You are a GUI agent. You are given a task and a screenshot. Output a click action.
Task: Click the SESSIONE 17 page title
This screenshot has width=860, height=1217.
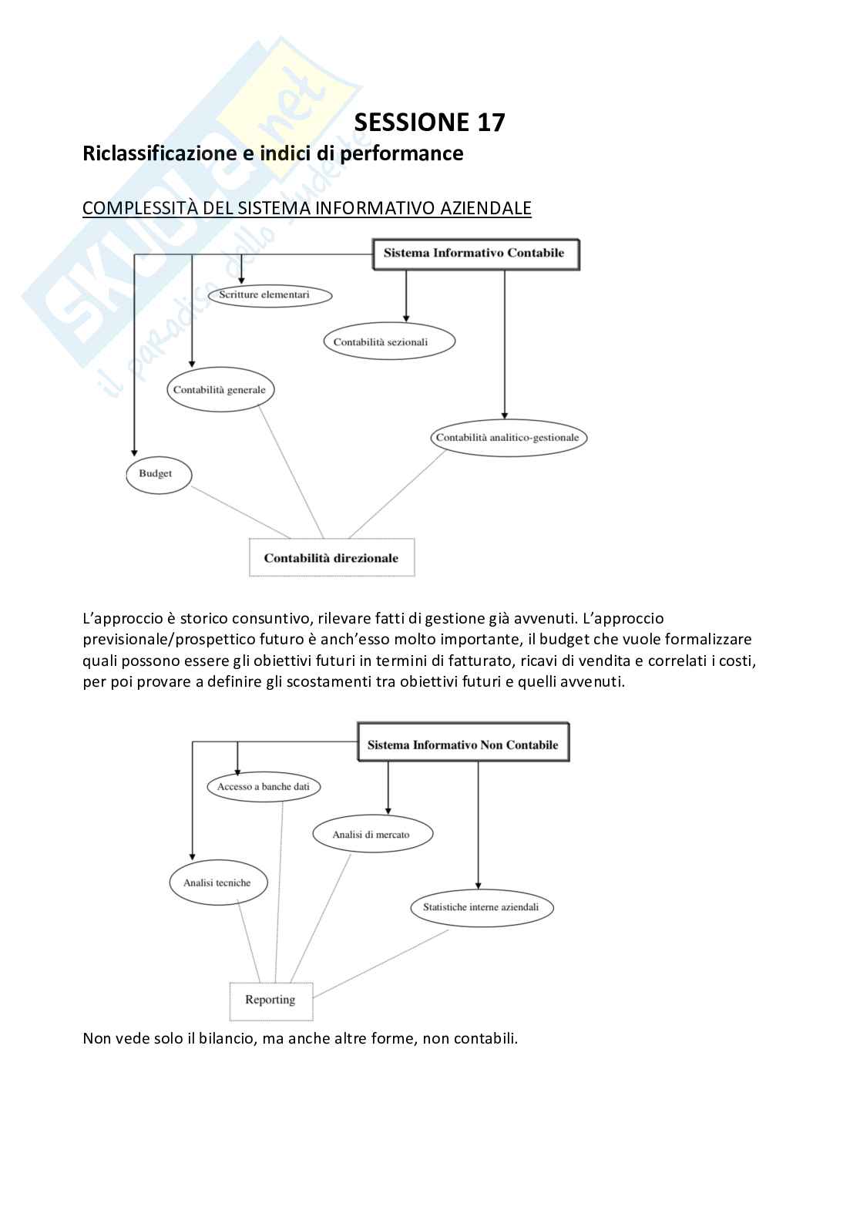[429, 123]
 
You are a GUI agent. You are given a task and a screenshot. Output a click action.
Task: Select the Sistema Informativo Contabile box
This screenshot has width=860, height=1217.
[475, 254]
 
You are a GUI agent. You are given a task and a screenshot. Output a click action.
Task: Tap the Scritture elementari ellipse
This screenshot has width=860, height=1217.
[270, 295]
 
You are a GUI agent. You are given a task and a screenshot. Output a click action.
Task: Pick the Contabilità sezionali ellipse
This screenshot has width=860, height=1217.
[389, 342]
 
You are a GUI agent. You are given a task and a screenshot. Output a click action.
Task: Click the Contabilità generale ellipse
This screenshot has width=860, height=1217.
[220, 390]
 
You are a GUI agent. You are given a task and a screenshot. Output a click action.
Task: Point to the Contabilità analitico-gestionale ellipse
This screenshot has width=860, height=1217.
[509, 438]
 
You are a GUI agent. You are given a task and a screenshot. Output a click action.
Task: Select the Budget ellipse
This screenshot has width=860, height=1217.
[159, 474]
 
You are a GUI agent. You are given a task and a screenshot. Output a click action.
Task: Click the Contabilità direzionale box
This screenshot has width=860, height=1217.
[331, 558]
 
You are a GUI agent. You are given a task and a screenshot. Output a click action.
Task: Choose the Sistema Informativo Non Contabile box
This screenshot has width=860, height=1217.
[463, 745]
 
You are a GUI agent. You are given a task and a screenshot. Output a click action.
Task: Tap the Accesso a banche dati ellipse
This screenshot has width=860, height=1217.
[264, 787]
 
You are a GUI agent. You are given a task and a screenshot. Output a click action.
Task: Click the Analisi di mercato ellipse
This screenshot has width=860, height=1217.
[372, 835]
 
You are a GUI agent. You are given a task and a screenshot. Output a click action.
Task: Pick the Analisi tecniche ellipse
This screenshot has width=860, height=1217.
[218, 883]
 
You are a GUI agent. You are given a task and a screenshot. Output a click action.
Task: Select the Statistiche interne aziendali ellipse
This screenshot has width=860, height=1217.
[482, 907]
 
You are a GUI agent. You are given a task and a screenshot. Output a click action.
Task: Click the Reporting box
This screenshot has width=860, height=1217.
[271, 1000]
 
